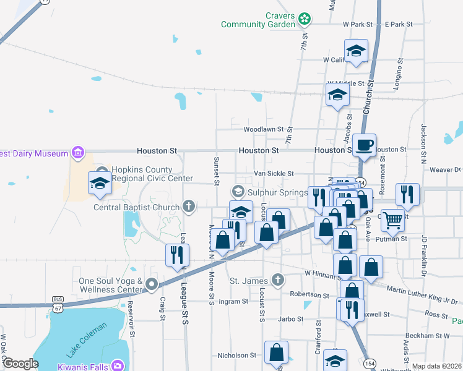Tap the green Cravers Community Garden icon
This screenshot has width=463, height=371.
point(304,20)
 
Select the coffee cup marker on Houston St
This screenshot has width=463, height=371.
point(364,145)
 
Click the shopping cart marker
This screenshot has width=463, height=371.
point(392,219)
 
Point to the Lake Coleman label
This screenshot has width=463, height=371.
point(83,341)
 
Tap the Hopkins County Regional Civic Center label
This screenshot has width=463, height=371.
point(146,175)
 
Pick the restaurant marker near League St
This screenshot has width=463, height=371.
point(178,255)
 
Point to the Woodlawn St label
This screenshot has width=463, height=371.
point(263,130)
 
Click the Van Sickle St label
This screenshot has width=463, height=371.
point(274,174)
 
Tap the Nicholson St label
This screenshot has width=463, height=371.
point(236,356)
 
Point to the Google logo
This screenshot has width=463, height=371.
point(20,364)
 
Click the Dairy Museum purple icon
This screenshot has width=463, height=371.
point(78,151)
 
